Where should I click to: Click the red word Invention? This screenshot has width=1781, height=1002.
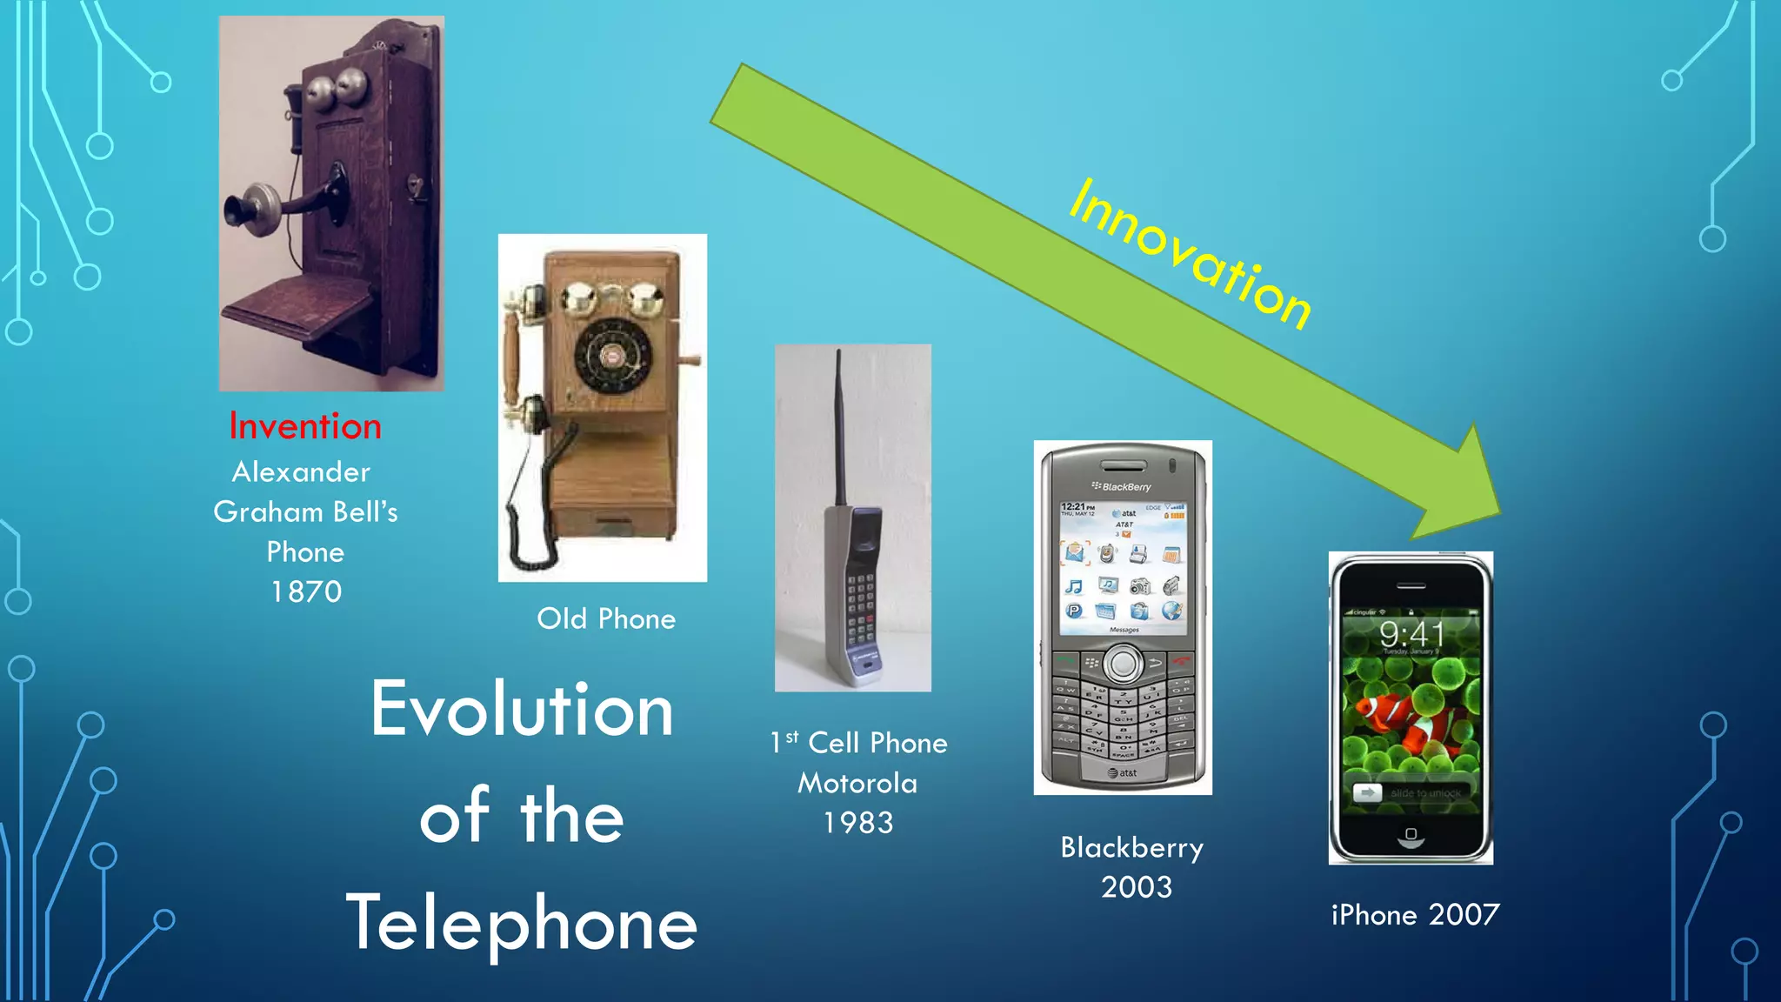pyautogui.click(x=305, y=426)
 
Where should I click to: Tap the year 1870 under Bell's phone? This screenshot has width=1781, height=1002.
pyautogui.click(x=306, y=592)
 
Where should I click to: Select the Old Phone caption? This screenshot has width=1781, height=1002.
pyautogui.click(x=606, y=619)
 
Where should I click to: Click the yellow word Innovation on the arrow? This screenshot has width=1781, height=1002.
pyautogui.click(x=1190, y=255)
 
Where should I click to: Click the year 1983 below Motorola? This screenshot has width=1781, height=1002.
pyautogui.click(x=858, y=823)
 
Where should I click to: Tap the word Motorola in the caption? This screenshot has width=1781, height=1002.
pyautogui.click(x=857, y=783)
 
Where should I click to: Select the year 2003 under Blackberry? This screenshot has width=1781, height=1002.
pyautogui.click(x=1136, y=887)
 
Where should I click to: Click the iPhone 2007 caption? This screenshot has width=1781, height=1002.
pyautogui.click(x=1415, y=915)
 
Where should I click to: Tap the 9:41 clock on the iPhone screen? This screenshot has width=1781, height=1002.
pyautogui.click(x=1411, y=634)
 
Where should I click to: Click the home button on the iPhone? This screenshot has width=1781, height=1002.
pyautogui.click(x=1411, y=835)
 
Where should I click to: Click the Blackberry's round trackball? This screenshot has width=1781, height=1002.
pyautogui.click(x=1124, y=665)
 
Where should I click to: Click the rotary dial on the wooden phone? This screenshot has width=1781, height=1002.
pyautogui.click(x=612, y=357)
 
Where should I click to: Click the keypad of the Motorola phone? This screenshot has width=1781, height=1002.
pyautogui.click(x=860, y=609)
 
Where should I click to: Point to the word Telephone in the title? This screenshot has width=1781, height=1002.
pyautogui.click(x=522, y=925)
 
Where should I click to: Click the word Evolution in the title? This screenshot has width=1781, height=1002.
pyautogui.click(x=522, y=710)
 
